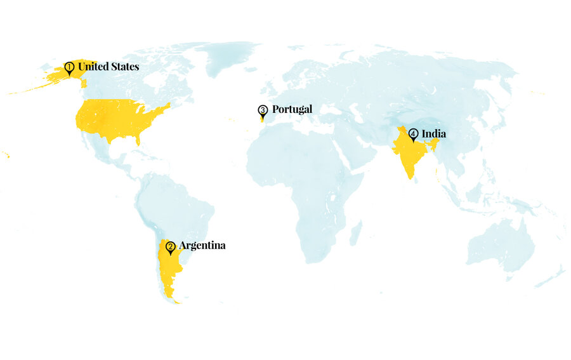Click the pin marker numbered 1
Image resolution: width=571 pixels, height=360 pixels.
(x=69, y=67)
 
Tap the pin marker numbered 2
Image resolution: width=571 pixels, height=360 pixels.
(x=170, y=247)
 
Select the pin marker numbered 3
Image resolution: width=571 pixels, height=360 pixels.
(x=263, y=110)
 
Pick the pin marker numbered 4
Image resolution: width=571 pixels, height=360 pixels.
(x=414, y=135)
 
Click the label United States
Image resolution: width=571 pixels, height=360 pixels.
(x=108, y=66)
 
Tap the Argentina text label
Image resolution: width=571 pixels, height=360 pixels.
(x=202, y=245)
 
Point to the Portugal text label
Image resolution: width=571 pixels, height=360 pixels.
(x=292, y=109)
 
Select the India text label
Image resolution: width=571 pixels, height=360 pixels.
(x=434, y=133)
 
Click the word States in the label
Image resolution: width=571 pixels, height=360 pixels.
(x=124, y=66)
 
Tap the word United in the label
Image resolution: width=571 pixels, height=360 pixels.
(x=93, y=66)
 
